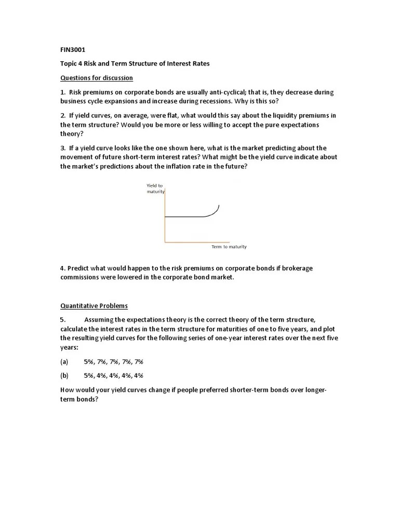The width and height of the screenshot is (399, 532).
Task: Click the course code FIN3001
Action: click(73, 50)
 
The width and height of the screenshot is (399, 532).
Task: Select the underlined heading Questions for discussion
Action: click(97, 78)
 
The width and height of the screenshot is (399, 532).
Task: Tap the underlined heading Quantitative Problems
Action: click(94, 305)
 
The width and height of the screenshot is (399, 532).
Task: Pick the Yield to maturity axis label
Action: click(155, 189)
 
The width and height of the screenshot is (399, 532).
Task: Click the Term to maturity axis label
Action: click(229, 247)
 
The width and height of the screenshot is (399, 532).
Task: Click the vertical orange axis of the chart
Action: click(165, 218)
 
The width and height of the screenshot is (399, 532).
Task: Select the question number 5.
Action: click(62, 320)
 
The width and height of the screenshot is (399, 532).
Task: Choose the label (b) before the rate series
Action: click(64, 375)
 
